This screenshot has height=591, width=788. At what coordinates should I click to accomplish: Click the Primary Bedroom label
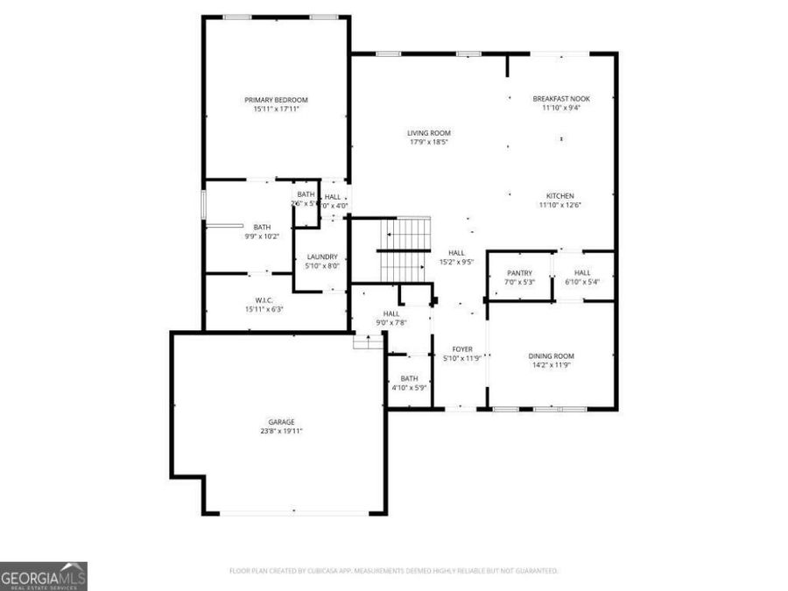276,100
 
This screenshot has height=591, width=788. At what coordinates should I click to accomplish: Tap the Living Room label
428,133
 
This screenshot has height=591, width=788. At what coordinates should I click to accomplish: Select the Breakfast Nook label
561,99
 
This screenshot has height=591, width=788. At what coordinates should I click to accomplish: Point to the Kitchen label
559,195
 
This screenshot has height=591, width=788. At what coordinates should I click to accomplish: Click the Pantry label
519,272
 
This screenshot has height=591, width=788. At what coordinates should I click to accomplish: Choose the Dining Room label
551,355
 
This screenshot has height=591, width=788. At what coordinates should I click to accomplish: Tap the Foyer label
462,348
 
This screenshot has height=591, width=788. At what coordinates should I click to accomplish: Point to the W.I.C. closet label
264,299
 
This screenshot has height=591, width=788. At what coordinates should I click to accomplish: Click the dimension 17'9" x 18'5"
428,143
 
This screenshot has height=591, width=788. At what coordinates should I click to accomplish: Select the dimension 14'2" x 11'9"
551,365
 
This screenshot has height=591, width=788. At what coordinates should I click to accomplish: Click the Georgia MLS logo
44,576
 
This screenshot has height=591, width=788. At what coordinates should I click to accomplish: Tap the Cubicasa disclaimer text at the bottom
393,571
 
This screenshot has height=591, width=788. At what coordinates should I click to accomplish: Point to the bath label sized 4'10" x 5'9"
409,378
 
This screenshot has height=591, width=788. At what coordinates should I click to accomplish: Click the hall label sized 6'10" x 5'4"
582,272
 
